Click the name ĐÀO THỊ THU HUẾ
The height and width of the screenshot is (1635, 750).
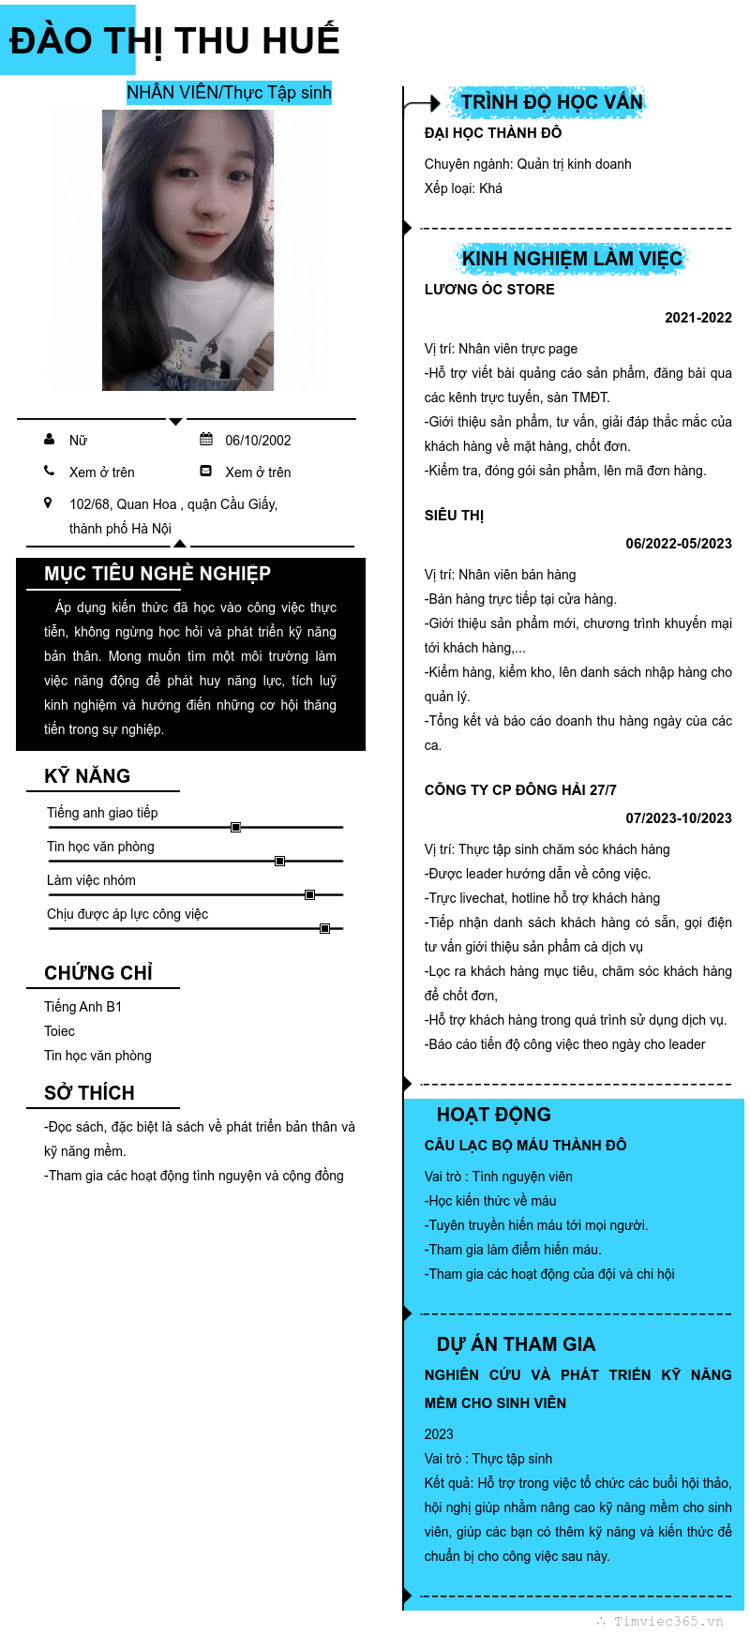[174, 41]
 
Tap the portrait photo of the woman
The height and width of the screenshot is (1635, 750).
[187, 249]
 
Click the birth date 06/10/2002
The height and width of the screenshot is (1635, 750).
[258, 441]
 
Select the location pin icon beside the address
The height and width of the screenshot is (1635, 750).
[48, 503]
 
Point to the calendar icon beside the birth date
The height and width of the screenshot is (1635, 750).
[206, 439]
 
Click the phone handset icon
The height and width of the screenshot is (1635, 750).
[49, 471]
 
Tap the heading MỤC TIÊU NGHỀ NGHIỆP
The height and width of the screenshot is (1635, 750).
[157, 574]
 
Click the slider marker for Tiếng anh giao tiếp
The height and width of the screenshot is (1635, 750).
[236, 827]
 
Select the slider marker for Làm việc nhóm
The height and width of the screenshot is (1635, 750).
[309, 894]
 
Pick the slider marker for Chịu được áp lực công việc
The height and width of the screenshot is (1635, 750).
[324, 928]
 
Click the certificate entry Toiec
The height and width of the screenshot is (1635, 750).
[59, 1031]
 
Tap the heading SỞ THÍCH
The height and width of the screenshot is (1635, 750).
[89, 1093]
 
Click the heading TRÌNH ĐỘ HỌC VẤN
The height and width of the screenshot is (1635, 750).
[551, 101]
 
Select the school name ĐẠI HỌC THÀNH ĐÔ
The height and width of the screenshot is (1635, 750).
[493, 133]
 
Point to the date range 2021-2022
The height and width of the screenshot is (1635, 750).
[698, 318]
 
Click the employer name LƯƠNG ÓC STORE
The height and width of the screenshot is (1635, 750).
[489, 290]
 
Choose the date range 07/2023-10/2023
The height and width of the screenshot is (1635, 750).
[679, 818]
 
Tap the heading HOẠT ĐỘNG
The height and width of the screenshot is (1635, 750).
[494, 1115]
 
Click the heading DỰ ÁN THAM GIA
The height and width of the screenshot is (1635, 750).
[516, 1344]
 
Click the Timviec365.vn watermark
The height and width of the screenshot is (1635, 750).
[667, 1622]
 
